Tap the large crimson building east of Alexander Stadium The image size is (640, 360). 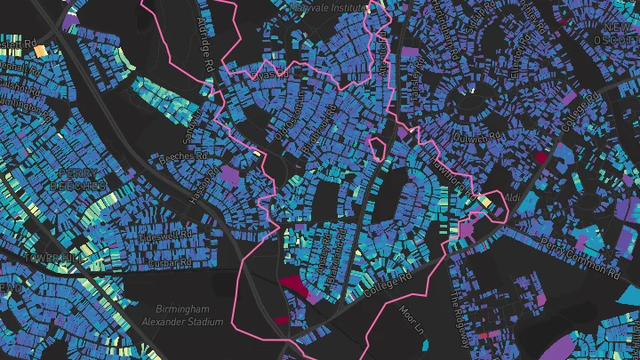click(292, 284)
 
